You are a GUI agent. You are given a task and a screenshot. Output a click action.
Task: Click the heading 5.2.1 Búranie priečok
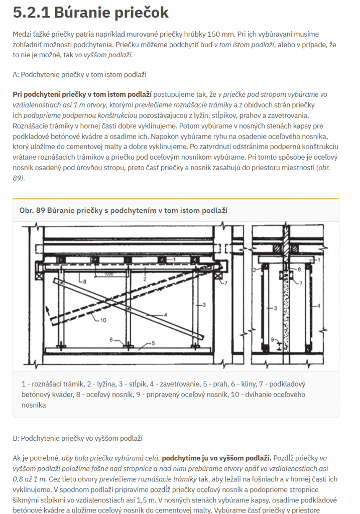click(x=91, y=12)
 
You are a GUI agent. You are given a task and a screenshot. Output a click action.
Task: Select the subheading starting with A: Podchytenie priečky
click(x=80, y=75)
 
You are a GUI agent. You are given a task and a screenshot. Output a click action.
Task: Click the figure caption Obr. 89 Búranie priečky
click(x=123, y=210)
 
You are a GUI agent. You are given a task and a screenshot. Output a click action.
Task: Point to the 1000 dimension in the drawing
click(x=106, y=274)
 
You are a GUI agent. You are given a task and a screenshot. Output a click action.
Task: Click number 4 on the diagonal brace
click(x=164, y=315)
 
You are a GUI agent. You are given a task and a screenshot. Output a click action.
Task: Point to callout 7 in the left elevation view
click(x=226, y=283)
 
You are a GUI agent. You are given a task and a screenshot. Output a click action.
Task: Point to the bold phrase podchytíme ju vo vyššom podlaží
click(x=216, y=458)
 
